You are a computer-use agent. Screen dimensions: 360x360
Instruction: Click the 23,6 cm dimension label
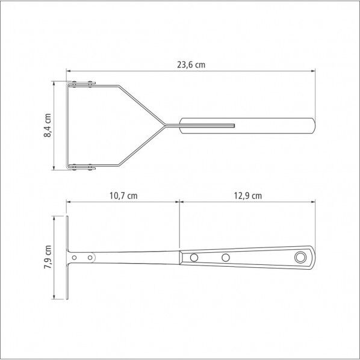pos(191,65)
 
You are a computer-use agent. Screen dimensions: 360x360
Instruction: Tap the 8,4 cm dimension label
pos(48,125)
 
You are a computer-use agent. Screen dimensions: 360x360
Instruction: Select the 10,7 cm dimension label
pos(123,196)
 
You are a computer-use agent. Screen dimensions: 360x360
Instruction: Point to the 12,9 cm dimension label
pos(248,196)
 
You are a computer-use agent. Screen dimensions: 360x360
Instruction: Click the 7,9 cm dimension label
pos(48,257)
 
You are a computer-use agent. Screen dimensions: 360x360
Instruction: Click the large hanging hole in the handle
pos(300,258)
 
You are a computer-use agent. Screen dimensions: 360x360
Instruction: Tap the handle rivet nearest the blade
pos(194,258)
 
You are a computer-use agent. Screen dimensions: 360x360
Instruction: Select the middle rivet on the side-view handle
pos(226,258)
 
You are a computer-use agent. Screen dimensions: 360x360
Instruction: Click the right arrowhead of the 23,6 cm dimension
pos(313,71)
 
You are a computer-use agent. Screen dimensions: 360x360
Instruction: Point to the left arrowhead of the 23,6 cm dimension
pos(69,71)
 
